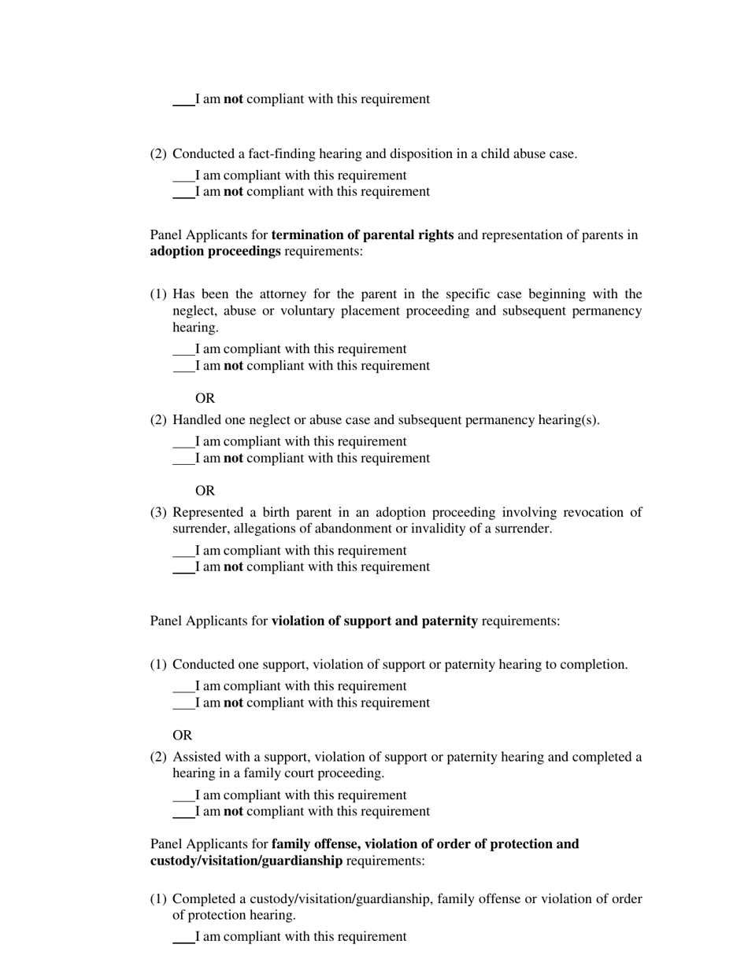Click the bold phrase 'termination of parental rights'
tap(362, 235)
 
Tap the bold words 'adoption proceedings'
tap(215, 252)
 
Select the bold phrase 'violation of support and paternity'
tap(374, 621)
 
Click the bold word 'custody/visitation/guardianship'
tap(246, 861)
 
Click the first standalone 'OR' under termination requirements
tap(205, 399)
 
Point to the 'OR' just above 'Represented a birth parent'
tap(205, 491)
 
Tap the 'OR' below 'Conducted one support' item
tap(182, 736)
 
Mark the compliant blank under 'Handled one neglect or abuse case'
tap(183, 442)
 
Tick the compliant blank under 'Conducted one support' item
tap(183, 687)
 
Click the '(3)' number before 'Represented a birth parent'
tap(158, 513)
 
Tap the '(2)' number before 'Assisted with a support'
tap(158, 758)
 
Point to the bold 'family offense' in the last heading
tap(312, 844)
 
